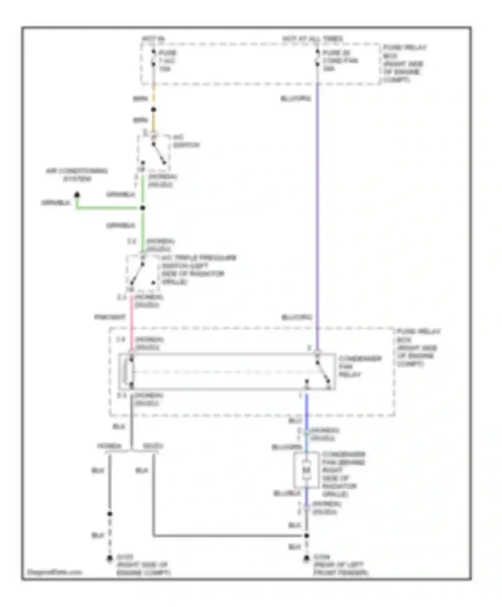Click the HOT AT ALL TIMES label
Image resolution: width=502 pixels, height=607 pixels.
pyautogui.click(x=312, y=38)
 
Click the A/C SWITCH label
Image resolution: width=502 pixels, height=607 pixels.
pyautogui.click(x=186, y=141)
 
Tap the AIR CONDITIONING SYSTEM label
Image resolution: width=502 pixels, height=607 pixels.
pyautogui.click(x=77, y=175)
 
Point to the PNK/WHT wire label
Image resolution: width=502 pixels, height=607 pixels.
pyautogui.click(x=110, y=317)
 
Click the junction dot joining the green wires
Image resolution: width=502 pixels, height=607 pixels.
pyautogui.click(x=143, y=208)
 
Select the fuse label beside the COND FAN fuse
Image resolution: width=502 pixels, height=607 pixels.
pyautogui.click(x=340, y=61)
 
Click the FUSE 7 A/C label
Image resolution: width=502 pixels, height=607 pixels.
pyautogui.click(x=167, y=61)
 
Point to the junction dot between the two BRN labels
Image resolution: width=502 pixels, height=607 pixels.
pyautogui.click(x=153, y=109)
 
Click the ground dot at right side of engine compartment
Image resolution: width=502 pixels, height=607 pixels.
pyautogui.click(x=109, y=558)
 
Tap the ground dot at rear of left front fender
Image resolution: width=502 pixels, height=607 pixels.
pyautogui.click(x=306, y=558)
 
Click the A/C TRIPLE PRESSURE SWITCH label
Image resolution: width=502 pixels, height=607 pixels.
pyautogui.click(x=198, y=270)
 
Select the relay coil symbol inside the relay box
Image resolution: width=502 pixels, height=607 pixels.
pyautogui.click(x=127, y=371)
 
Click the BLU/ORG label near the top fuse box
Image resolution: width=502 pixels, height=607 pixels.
pyautogui.click(x=296, y=98)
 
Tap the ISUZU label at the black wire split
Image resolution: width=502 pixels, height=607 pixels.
pyautogui.click(x=153, y=446)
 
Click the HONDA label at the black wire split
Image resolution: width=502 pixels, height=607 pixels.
pyautogui.click(x=109, y=446)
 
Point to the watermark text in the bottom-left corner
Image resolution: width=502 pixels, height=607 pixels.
pyautogui.click(x=54, y=572)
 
